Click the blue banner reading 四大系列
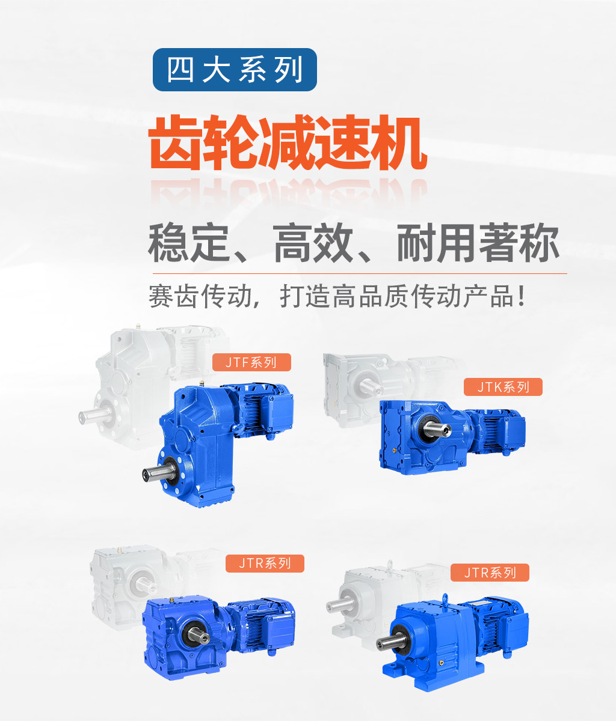pos(235,70)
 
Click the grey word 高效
pos(313,243)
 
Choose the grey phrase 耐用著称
pos(478,243)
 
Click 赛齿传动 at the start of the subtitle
pos(200,296)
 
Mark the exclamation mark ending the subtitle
pos(522,296)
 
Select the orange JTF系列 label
pos(251,362)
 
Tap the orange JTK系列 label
pos(503,387)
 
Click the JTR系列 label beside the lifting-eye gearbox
pos(490,573)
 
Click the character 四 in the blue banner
pos(180,70)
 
